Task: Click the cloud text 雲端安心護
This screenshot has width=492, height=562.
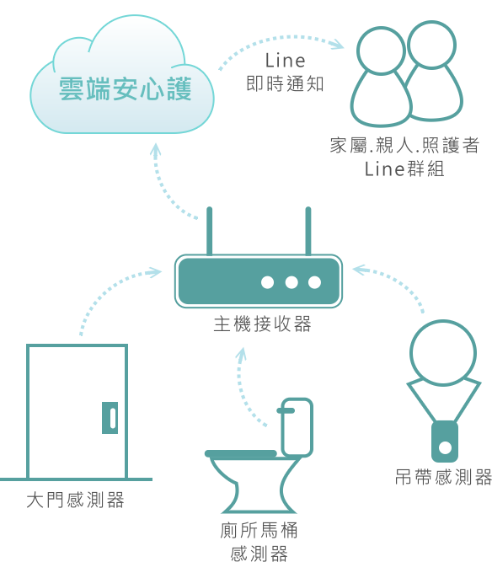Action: pos(125,88)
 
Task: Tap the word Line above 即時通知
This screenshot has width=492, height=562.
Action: pos(286,61)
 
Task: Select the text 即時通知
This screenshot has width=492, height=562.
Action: pos(286,84)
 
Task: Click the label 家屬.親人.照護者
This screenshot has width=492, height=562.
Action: pos(404,145)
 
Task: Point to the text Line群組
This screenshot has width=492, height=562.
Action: pos(404,169)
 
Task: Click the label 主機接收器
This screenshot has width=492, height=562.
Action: pos(262,324)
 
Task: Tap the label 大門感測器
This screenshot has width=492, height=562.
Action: pos(76,500)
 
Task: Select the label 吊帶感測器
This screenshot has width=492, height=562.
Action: pos(444,478)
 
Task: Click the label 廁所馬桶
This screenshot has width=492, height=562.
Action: pos(259,531)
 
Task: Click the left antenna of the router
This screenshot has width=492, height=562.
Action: pos(209,231)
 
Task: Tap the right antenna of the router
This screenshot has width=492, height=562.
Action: pos(308,231)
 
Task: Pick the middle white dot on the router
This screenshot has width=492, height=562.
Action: pos(291,282)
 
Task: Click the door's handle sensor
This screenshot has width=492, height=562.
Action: pos(110,418)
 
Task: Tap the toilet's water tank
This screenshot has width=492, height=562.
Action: pos(297,427)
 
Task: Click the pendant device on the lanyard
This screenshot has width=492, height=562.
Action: pos(445,442)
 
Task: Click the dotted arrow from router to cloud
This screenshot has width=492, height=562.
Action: pos(163,185)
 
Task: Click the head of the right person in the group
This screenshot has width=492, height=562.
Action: pos(432,45)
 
